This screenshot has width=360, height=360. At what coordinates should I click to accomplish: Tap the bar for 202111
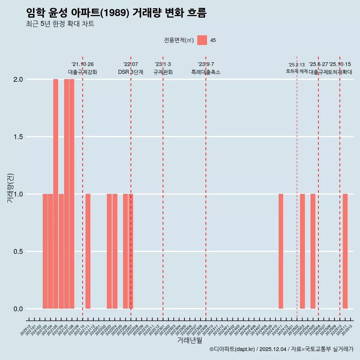(88, 251)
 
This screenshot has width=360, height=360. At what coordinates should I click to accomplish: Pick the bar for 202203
(109, 251)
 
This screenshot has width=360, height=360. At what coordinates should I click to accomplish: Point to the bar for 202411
(280, 251)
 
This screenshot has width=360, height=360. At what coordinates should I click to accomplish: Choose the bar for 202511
(345, 251)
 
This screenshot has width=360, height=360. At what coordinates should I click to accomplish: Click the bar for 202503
(302, 251)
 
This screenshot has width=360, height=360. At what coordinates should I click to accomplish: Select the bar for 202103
(45, 251)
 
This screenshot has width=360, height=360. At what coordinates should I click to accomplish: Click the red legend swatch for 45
(202, 40)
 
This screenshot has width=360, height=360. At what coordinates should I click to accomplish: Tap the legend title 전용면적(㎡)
(179, 40)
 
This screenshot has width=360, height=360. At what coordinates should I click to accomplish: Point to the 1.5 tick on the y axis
(18, 137)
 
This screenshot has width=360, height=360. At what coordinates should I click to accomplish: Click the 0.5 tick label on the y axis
(18, 252)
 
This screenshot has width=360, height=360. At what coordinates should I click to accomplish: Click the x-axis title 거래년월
(190, 340)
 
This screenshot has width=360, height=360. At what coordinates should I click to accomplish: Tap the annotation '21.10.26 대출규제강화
(82, 68)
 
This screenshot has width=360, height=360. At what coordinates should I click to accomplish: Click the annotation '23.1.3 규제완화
(163, 68)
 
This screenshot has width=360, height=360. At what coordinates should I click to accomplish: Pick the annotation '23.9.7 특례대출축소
(206, 68)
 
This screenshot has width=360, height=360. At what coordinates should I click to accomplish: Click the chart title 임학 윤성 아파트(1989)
(116, 13)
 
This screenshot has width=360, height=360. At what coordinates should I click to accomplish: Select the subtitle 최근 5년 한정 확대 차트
(60, 24)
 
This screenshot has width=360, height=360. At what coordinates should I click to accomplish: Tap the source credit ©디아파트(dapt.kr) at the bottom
(281, 349)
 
